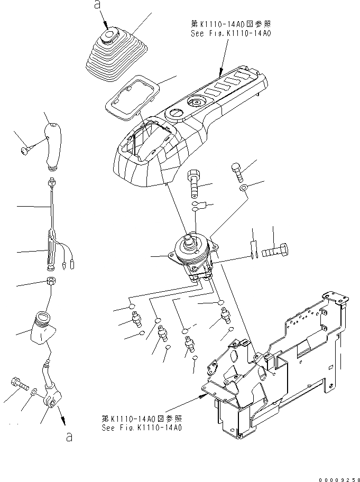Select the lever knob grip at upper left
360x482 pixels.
(x=53, y=146)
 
